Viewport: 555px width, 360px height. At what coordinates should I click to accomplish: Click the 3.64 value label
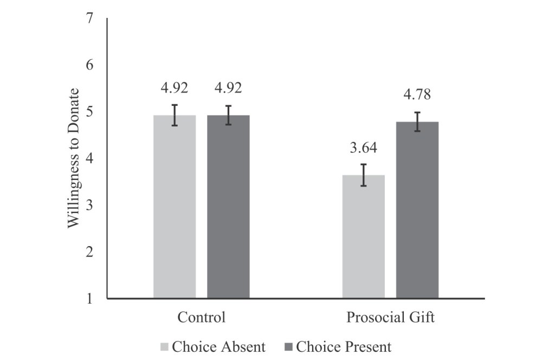[x=363, y=147]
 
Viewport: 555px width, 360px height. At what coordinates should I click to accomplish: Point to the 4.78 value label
[x=417, y=95]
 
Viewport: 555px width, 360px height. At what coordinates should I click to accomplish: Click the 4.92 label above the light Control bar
[x=175, y=88]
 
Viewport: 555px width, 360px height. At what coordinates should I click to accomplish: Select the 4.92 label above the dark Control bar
[x=228, y=88]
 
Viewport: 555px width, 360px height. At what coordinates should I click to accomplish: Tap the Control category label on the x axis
[x=201, y=318]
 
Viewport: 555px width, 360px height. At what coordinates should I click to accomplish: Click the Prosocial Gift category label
[x=390, y=318]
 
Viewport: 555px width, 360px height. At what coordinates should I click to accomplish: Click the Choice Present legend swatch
[x=288, y=347]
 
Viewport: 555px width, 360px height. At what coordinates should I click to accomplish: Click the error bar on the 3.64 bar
[x=363, y=175]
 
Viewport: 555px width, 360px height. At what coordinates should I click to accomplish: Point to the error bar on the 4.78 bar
[x=417, y=121]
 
